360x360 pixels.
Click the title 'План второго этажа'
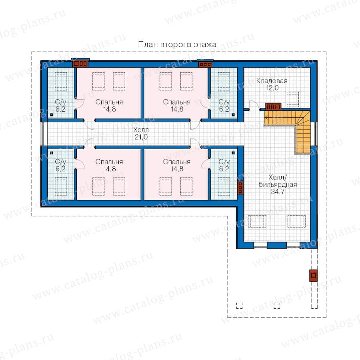[x=177, y=44]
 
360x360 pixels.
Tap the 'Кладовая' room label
[x=272, y=80]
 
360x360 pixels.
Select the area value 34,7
[x=278, y=192]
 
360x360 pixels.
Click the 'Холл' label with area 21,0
[x=141, y=130]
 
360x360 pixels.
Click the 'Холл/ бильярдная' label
[x=278, y=181]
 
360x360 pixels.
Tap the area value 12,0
[x=272, y=88]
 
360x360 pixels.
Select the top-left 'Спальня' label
[x=109, y=102]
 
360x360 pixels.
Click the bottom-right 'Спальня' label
[x=176, y=162]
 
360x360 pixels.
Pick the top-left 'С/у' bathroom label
[x=60, y=102]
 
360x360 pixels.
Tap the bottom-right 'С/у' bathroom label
[x=224, y=162]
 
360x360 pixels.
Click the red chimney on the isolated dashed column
[x=313, y=275]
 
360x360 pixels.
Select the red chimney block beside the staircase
[x=274, y=107]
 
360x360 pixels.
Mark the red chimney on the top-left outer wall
[x=80, y=63]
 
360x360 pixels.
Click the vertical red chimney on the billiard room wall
[x=240, y=188]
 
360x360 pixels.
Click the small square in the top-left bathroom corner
[x=52, y=114]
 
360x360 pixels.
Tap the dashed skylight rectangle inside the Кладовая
[x=293, y=99]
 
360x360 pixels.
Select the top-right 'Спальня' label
[x=176, y=102]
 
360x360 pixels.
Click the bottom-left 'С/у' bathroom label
[x=60, y=162]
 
